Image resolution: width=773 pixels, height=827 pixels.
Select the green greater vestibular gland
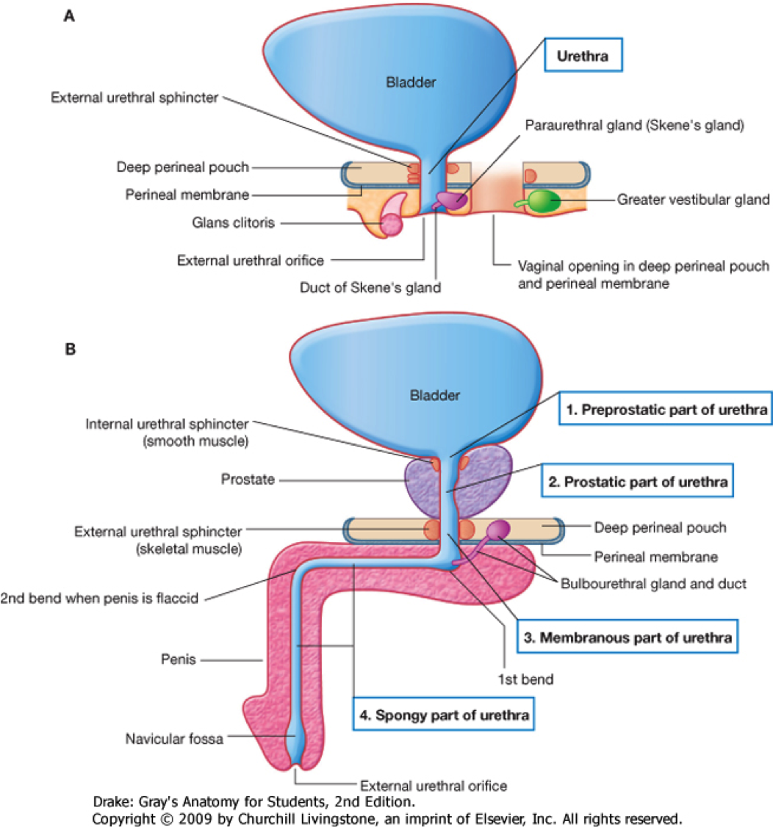pos(544,201)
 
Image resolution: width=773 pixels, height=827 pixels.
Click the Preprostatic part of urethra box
pos(666,410)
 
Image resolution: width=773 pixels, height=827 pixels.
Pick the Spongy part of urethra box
pos(442,715)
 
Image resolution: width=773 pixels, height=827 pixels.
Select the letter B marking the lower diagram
pos(70,350)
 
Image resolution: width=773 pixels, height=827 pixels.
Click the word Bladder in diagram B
pos(435,395)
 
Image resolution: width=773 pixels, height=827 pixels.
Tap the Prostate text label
pos(248,480)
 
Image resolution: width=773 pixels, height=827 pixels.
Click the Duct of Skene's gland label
pos(370,287)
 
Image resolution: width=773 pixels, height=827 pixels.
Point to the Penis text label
pos(179,659)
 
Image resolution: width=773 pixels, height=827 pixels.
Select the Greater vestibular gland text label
pos(693,199)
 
